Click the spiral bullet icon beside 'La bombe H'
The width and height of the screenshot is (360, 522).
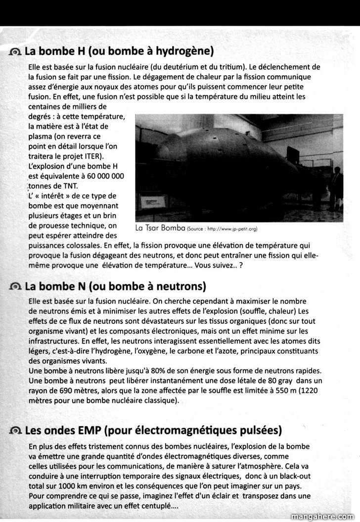(x=16, y=51)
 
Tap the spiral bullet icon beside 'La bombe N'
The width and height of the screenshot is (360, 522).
(x=16, y=287)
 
